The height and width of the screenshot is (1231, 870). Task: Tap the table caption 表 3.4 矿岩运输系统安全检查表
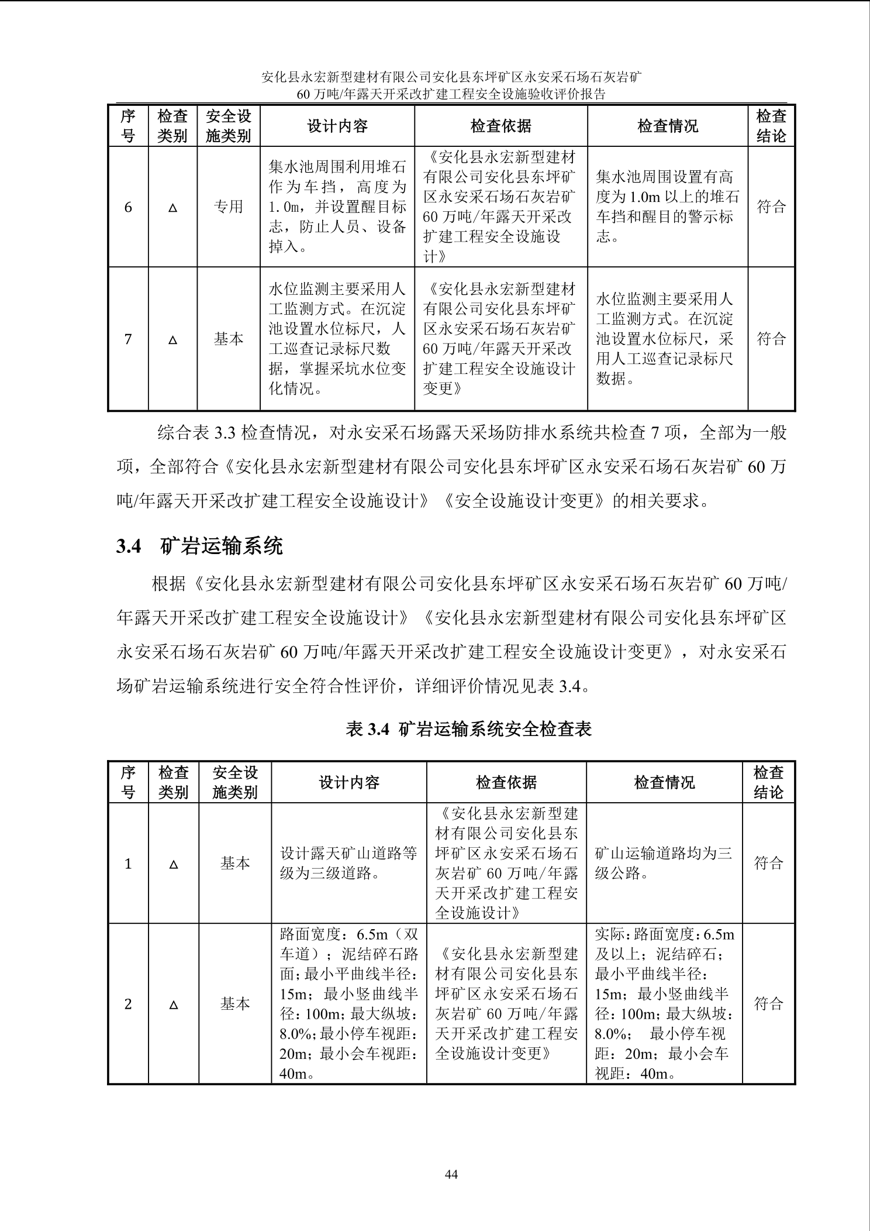tap(469, 729)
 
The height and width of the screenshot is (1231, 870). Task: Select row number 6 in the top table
tap(128, 207)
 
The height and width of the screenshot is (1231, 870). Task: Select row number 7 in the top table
tap(128, 339)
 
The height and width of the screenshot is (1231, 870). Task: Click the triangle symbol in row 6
tap(172, 208)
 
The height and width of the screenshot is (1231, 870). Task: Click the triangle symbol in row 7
tap(172, 339)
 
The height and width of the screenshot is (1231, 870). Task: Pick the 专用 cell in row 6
tap(228, 207)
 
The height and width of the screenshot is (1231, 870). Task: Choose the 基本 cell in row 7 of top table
tap(228, 339)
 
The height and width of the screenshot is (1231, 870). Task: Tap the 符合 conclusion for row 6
tap(771, 207)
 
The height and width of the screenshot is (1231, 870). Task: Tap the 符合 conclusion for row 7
tap(771, 339)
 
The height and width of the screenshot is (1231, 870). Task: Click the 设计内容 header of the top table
tap(337, 126)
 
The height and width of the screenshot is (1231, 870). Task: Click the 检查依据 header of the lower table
tap(506, 783)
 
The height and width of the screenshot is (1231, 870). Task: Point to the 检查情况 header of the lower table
tap(664, 783)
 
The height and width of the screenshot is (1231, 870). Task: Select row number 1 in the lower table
tap(128, 864)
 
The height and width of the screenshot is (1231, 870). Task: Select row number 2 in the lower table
tap(128, 1005)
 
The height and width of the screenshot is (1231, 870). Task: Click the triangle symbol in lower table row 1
tap(173, 864)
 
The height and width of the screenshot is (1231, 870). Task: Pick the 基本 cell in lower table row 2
tap(235, 1004)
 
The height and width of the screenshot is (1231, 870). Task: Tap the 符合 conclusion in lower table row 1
tap(768, 863)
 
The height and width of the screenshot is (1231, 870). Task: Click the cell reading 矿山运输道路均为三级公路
tap(664, 863)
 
